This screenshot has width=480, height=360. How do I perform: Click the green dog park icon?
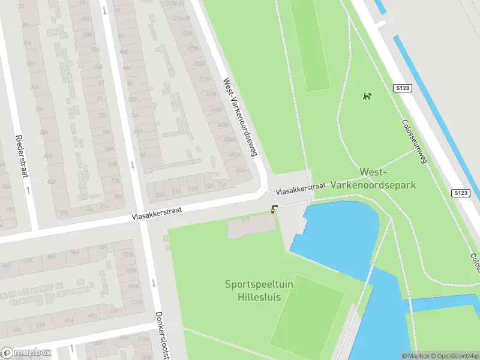pyautogui.click(x=367, y=96)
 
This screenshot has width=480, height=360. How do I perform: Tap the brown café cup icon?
pyautogui.click(x=274, y=209)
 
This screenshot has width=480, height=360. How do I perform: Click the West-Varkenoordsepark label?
pyautogui.click(x=388, y=179)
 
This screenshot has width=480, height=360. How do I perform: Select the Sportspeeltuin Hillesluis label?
pyautogui.click(x=259, y=290)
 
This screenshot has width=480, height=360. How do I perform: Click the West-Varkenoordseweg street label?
pyautogui.click(x=240, y=117)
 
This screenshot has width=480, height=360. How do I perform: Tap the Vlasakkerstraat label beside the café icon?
pyautogui.click(x=301, y=188)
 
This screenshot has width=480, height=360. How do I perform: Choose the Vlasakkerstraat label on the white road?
pyautogui.click(x=165, y=214)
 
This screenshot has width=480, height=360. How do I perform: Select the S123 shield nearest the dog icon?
pyautogui.click(x=403, y=88)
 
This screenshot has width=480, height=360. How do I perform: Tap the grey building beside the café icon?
pyautogui.click(x=251, y=226)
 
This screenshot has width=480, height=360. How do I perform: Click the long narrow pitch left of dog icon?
pyautogui.click(x=310, y=45)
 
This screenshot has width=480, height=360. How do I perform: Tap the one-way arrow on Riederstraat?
pyautogui.click(x=28, y=190)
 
